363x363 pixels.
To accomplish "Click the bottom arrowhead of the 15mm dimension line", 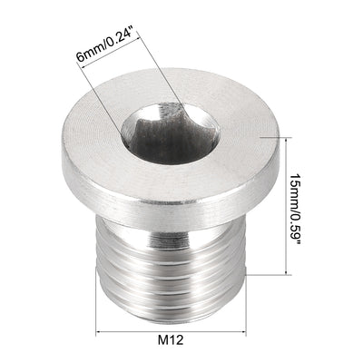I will [x=289, y=271].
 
